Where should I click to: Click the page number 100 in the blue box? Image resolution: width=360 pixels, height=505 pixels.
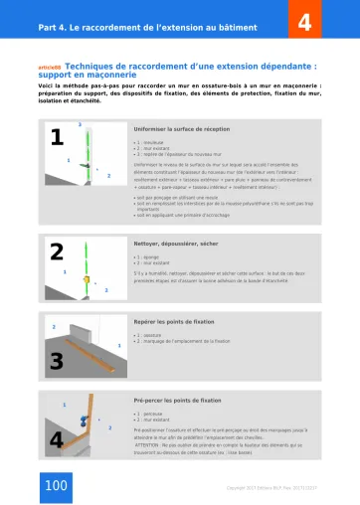pyautogui.click(x=56, y=484)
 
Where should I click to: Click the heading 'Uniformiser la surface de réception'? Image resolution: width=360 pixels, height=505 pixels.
pyautogui.click(x=181, y=129)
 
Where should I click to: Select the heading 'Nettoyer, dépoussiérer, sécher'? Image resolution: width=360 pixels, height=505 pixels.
pyautogui.click(x=177, y=242)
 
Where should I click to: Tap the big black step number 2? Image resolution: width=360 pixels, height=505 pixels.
pyautogui.click(x=57, y=252)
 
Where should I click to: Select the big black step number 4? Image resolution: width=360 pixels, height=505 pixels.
pyautogui.click(x=57, y=438)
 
